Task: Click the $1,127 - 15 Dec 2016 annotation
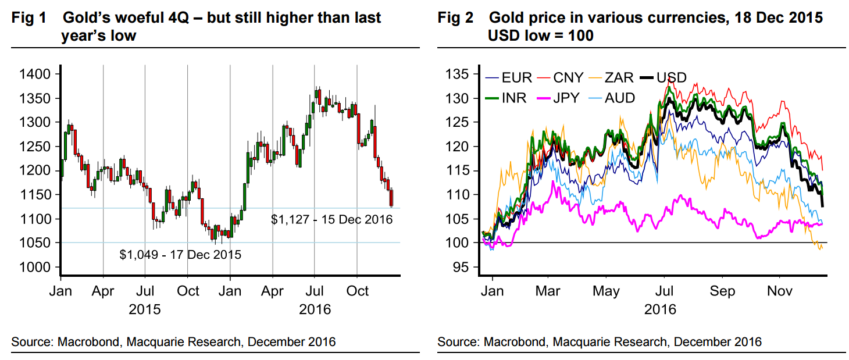(x=332, y=219)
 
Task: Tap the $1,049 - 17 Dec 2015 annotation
(x=180, y=254)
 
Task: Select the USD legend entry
(x=672, y=77)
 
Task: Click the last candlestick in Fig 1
(x=391, y=198)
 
